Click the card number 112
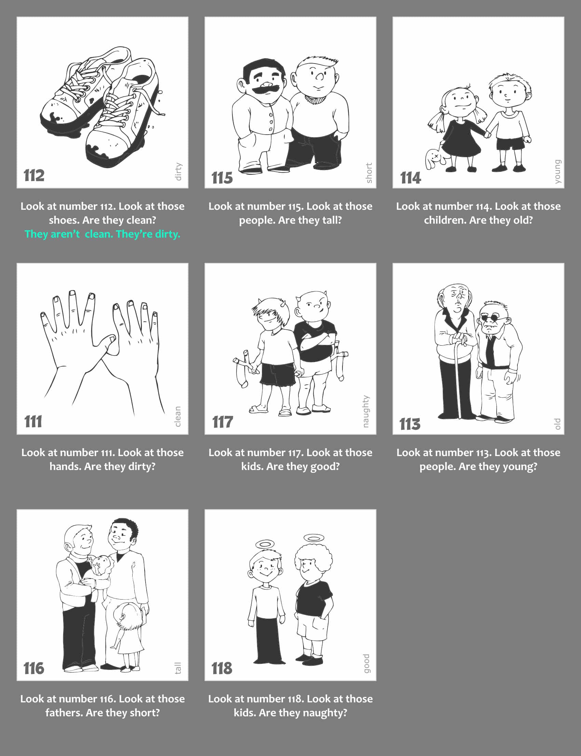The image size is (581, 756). pos(34,175)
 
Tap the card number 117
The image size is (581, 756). pos(222,422)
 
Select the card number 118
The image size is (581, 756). pos(222,668)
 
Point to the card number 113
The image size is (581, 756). pos(410,424)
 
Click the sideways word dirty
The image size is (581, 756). pos(178,171)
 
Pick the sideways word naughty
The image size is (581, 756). pos(366,411)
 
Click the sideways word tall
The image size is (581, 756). pos(178,668)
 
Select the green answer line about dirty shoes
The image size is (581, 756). pos(103,234)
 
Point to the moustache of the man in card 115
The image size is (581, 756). pos(265,90)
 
